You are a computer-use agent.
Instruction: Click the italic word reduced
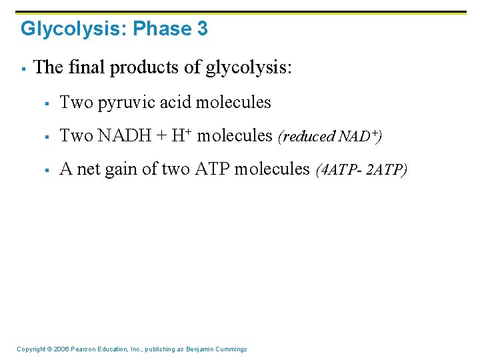[x=308, y=137]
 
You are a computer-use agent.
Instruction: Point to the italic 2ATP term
[x=385, y=170]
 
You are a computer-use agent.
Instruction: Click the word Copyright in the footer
[x=31, y=349]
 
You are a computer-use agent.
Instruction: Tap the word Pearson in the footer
[x=83, y=349]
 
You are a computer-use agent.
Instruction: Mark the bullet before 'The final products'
[x=23, y=68]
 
